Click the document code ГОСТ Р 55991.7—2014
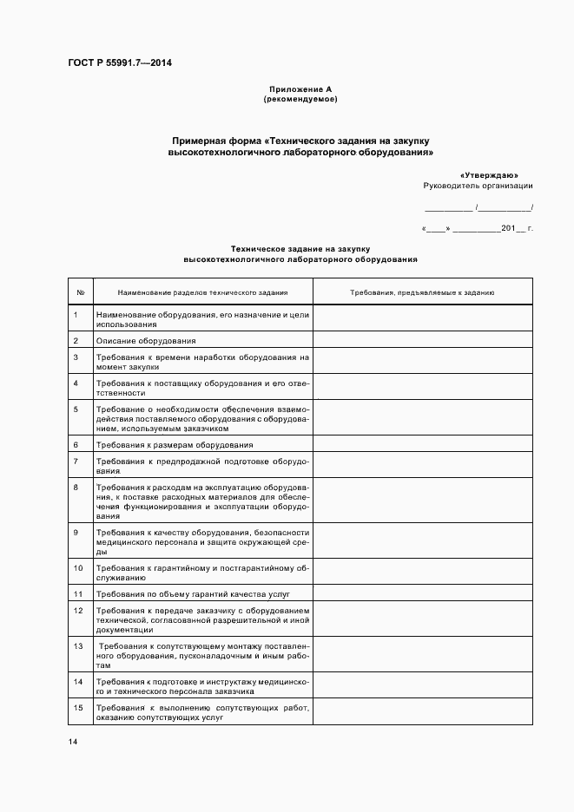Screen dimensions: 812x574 coord(120,63)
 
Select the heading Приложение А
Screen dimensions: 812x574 coord(300,89)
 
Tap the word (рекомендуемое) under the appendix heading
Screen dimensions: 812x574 coord(300,99)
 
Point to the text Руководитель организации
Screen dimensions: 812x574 coord(478,186)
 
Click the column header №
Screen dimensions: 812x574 coord(80,292)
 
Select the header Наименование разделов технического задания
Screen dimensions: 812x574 coord(202,292)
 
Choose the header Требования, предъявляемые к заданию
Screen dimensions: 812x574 coord(422,292)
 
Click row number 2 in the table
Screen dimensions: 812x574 coord(76,341)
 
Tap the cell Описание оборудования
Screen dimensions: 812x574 coord(146,341)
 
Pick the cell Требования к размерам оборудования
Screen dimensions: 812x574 coord(175,444)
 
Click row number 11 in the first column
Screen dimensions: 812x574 coord(78,594)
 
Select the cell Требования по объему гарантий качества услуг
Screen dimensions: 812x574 coord(192,594)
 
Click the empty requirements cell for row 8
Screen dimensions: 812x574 coord(422,502)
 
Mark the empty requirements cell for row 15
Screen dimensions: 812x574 coord(422,713)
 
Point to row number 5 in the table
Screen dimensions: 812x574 coord(76,409)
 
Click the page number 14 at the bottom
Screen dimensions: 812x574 coord(74,743)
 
